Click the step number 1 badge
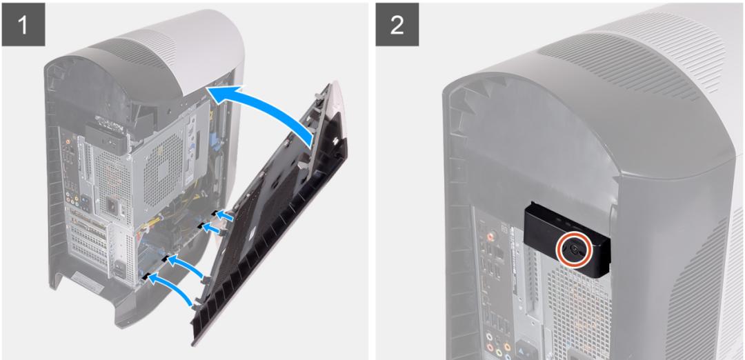[23, 24]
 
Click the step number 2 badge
[397, 24]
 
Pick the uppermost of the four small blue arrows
[224, 216]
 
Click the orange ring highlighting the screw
[575, 250]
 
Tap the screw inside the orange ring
[575, 250]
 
